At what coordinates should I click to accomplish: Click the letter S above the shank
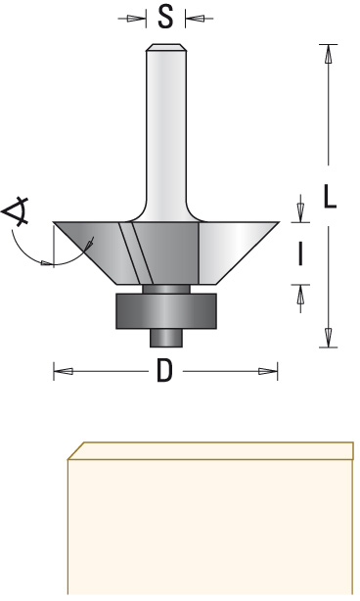pos(165,18)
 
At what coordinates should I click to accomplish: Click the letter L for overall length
pos(330,196)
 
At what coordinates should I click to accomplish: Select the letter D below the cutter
pos(165,371)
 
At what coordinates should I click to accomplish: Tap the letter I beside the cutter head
pos(300,254)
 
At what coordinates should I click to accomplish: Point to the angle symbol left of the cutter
pos(16,210)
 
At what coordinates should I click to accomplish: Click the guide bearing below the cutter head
pos(166,311)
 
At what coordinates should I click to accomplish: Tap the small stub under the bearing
pos(166,338)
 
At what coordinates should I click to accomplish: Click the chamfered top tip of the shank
pos(166,47)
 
